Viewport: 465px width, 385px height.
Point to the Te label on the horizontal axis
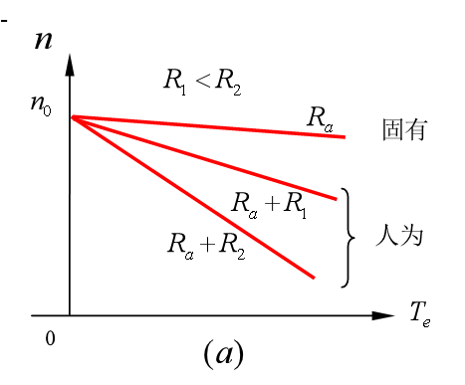[x=420, y=314]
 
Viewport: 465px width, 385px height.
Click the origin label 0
[x=50, y=340]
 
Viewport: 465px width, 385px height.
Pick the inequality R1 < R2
[x=203, y=82]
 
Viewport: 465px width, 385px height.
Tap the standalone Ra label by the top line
[x=320, y=119]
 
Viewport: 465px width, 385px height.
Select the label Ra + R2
[x=207, y=246]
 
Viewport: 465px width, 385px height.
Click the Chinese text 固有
[x=405, y=129]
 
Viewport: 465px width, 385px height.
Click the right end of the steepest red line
[x=315, y=277]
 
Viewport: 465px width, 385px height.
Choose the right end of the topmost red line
[x=345, y=136]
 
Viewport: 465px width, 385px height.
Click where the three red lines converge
[x=71, y=116]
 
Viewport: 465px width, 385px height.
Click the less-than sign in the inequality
[x=203, y=82]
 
